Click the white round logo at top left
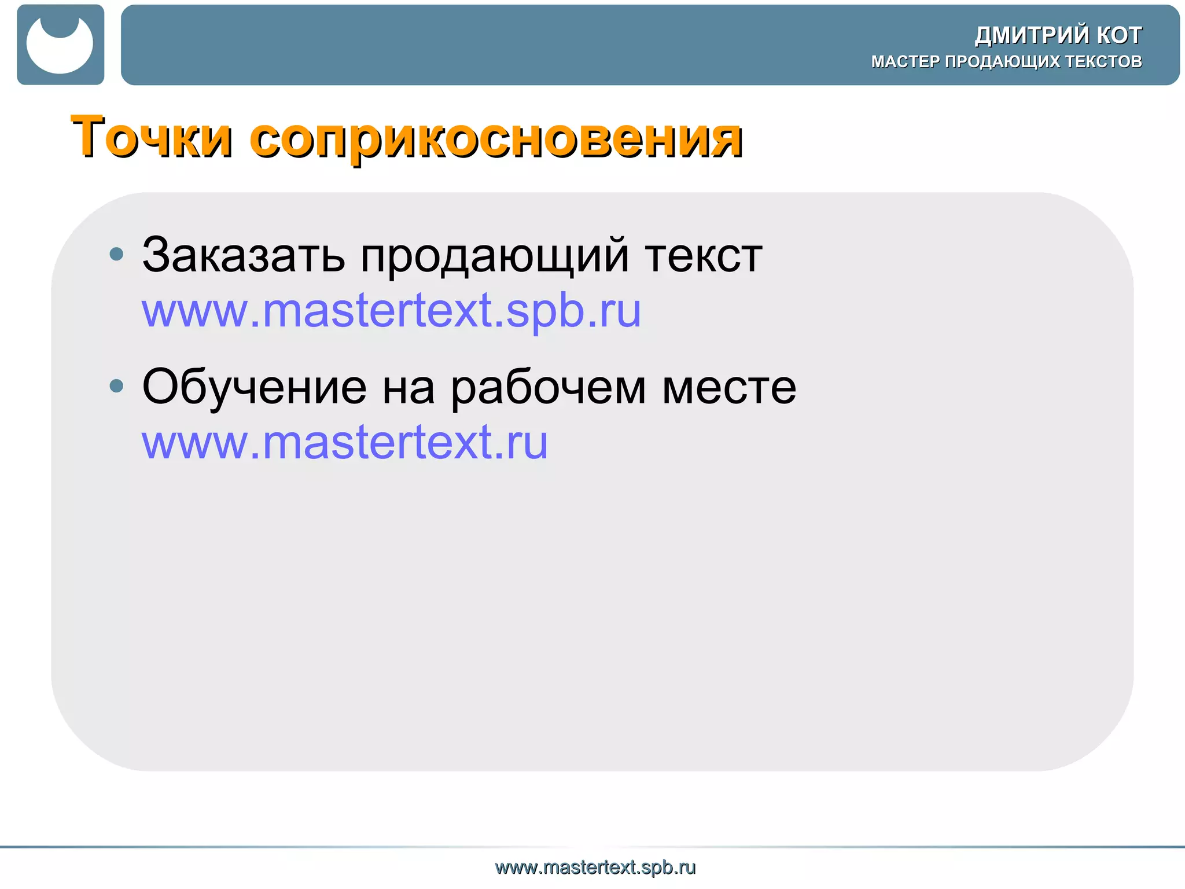pyautogui.click(x=60, y=45)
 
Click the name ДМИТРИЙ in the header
pyautogui.click(x=1032, y=35)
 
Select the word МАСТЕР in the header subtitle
pyautogui.click(x=906, y=61)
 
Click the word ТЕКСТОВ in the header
pyautogui.click(x=1104, y=61)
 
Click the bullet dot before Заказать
pyautogui.click(x=116, y=254)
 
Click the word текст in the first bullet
pyautogui.click(x=704, y=256)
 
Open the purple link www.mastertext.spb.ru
pyautogui.click(x=391, y=311)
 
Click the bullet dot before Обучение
pyautogui.click(x=116, y=385)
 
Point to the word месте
pyautogui.click(x=729, y=388)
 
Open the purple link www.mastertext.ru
pyautogui.click(x=345, y=443)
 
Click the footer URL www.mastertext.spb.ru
pyautogui.click(x=595, y=867)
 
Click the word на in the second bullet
pyautogui.click(x=409, y=388)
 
